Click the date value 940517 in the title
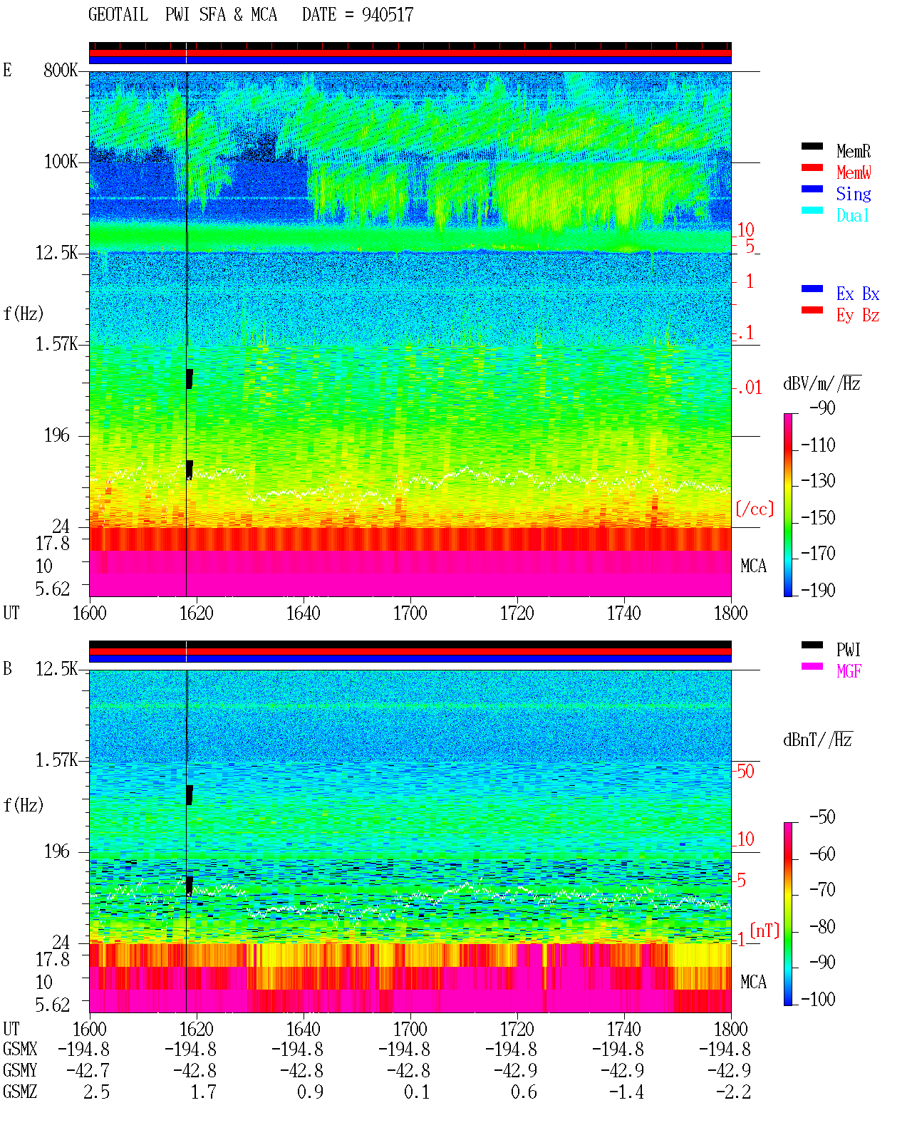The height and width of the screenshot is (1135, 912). coord(387,15)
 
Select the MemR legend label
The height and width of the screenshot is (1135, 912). coord(853,151)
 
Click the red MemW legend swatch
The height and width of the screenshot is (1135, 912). coord(812,167)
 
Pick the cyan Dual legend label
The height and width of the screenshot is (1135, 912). coord(852,215)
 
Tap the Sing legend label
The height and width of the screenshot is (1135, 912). coord(853,194)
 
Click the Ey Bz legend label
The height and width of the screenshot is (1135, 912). coord(857,316)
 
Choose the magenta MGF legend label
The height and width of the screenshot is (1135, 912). coord(849,671)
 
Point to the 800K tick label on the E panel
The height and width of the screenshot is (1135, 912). coord(61,70)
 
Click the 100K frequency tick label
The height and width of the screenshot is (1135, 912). coord(61,162)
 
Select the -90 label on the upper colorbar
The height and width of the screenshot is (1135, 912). coord(822,408)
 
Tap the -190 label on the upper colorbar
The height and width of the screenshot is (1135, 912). coord(818,590)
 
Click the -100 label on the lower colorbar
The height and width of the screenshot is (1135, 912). coord(818,999)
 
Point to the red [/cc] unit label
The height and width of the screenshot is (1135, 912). coord(755,509)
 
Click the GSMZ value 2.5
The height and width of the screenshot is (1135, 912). coord(96,1092)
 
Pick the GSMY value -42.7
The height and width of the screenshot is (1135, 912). coord(88,1071)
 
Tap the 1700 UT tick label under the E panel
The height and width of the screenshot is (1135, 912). coord(410,613)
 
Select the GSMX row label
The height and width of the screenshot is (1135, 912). coord(20,1049)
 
